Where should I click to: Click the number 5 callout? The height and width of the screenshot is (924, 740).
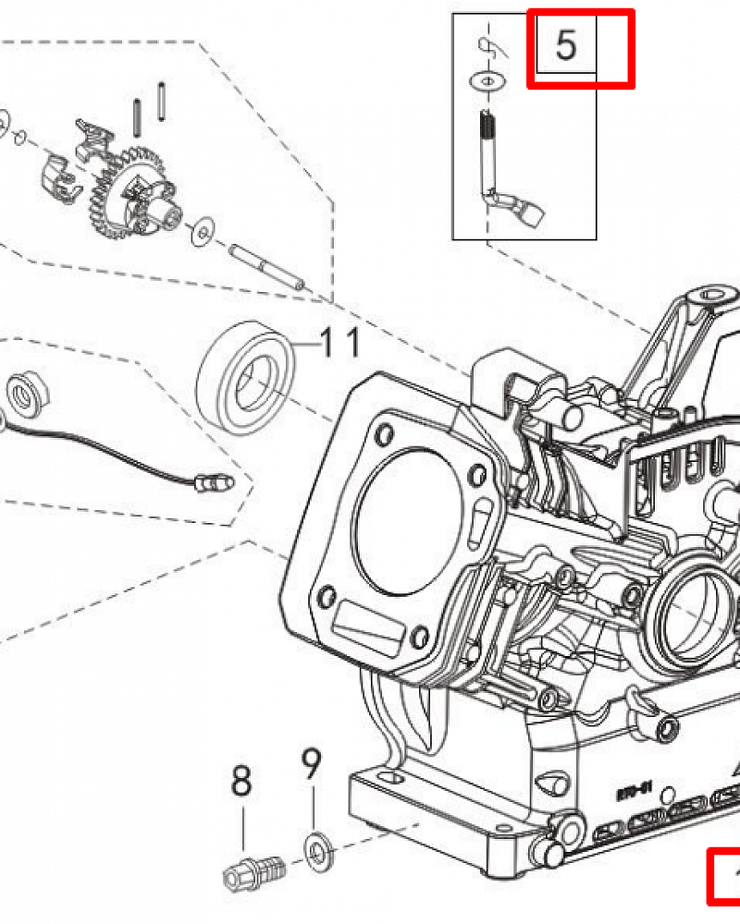[566, 44]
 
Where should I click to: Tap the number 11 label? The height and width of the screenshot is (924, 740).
[339, 344]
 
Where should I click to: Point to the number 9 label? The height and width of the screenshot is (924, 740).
[312, 766]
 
